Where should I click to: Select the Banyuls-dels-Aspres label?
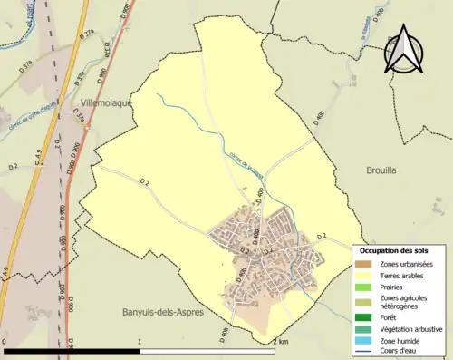pyautogui.click(x=163, y=312)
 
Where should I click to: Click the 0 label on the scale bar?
pyautogui.click(x=6, y=341)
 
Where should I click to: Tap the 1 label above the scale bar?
pyautogui.click(x=140, y=341)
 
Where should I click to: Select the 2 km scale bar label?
pyautogui.click(x=280, y=341)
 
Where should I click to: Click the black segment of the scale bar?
pyautogui.click(x=73, y=351)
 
